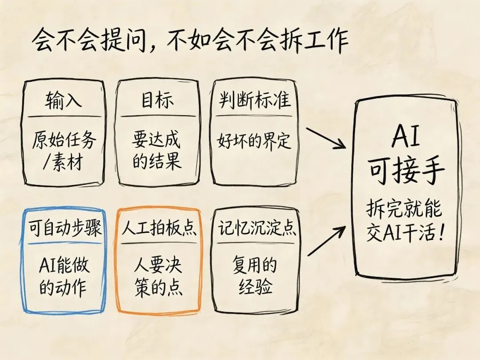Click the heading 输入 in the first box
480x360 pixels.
64,101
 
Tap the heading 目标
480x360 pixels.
158,101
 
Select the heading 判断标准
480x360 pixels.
255,101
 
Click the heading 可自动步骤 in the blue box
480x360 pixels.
64,228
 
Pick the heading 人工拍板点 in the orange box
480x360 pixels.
159,228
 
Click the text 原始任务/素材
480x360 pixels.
64,150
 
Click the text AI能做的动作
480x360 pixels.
64,276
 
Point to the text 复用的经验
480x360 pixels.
255,276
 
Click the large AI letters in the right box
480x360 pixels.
405,138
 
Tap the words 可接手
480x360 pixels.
406,171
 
